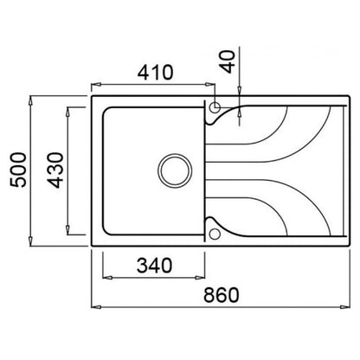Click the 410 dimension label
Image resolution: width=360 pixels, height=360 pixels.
[155, 72]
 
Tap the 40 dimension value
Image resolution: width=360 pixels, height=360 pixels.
[227, 61]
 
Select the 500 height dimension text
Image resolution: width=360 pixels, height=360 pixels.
[18, 170]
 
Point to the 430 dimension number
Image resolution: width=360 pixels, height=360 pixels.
[55, 170]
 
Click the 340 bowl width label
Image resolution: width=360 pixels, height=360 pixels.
[154, 265]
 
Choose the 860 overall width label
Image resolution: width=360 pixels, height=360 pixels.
[222, 295]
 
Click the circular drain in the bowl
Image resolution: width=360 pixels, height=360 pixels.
[175, 170]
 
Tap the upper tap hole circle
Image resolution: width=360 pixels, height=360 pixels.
[215, 107]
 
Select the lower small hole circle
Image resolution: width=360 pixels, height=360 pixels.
[215, 234]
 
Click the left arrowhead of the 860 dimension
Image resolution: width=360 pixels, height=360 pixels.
[96, 307]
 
